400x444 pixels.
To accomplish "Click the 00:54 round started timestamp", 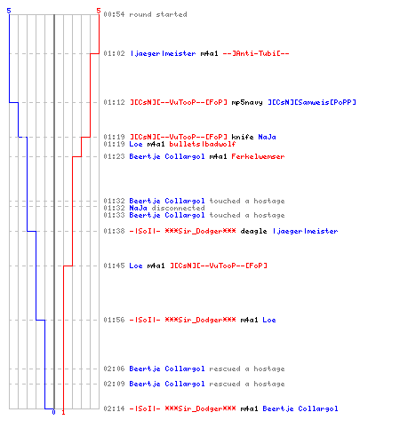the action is (114, 14).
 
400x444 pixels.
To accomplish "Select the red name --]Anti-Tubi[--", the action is (256, 53).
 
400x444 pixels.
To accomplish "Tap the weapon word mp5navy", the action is (247, 102).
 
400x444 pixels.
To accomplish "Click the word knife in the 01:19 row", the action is (243, 137).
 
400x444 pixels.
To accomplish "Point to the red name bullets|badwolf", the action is (203, 144).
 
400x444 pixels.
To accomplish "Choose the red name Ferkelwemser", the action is (258, 156).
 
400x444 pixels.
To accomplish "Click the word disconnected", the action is (178, 208).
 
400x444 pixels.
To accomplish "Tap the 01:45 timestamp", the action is (114, 266).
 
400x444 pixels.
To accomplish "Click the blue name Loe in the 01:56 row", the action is (269, 320).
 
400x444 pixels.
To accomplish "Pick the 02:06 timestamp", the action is (114, 369).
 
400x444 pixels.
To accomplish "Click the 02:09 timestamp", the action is (114, 384).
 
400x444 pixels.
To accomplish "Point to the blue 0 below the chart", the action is (53, 412).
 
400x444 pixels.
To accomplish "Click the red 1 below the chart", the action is (63, 412).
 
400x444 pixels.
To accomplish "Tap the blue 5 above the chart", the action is (9, 11).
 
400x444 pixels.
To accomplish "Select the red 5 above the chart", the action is (99, 11).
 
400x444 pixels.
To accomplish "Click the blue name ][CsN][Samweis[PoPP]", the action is (312, 102).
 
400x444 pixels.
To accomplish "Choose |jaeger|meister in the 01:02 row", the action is (163, 53).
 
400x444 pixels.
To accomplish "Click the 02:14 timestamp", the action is (114, 408).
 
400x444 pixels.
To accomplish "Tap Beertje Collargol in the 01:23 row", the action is (167, 156).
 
